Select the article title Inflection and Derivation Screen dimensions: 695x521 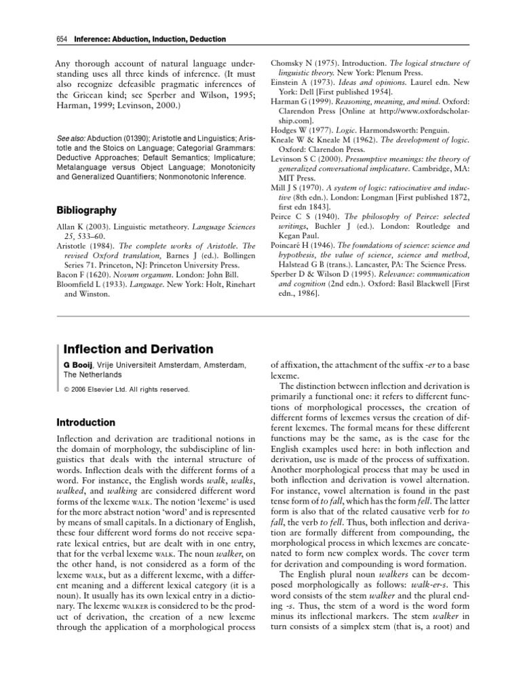point(138,349)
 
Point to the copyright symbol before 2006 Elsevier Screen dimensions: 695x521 point(66,390)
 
